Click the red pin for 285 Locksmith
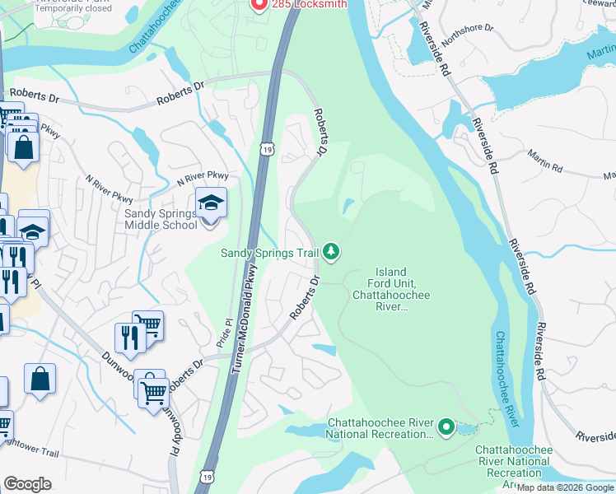pos(258,4)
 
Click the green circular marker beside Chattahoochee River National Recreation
pos(446,426)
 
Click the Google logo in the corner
pos(27,483)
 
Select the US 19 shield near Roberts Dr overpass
pos(266,149)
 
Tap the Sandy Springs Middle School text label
pos(160,219)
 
